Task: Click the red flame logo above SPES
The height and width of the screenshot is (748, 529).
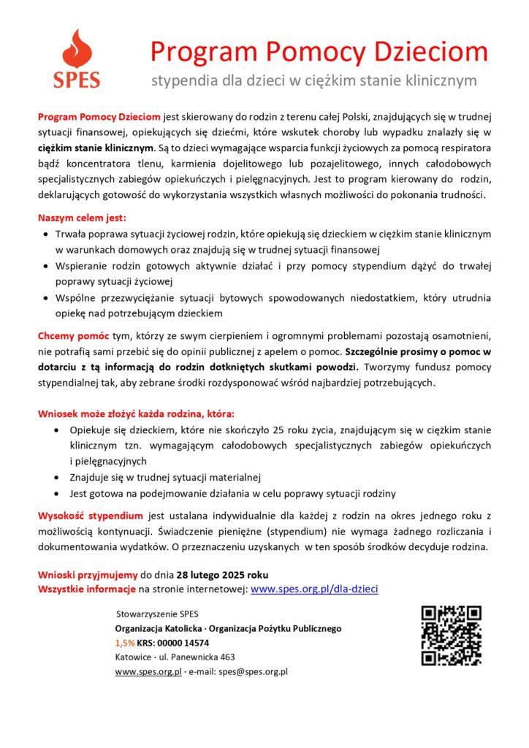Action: [x=76, y=49]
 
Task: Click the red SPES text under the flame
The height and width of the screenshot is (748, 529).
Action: [x=76, y=80]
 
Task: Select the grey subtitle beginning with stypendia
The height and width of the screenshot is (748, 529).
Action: [x=313, y=80]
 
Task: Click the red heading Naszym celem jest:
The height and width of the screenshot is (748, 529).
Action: [x=82, y=218]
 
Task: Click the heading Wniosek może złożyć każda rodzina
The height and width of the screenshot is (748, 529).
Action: [x=137, y=413]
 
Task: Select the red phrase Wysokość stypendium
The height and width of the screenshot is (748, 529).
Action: [x=90, y=516]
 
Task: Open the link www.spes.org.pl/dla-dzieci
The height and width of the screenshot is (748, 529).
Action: [x=314, y=589]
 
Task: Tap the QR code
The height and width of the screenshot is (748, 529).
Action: [x=451, y=636]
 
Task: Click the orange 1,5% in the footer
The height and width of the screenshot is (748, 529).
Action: [x=124, y=643]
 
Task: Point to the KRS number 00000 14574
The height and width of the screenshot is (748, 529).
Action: [x=183, y=643]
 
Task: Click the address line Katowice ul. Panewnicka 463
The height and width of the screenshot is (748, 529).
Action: [x=175, y=657]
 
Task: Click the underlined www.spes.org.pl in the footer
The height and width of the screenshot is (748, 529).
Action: [x=148, y=672]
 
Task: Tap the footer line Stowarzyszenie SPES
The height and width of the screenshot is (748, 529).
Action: [x=157, y=614]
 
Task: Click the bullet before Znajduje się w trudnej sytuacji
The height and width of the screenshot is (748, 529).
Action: [x=58, y=478]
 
